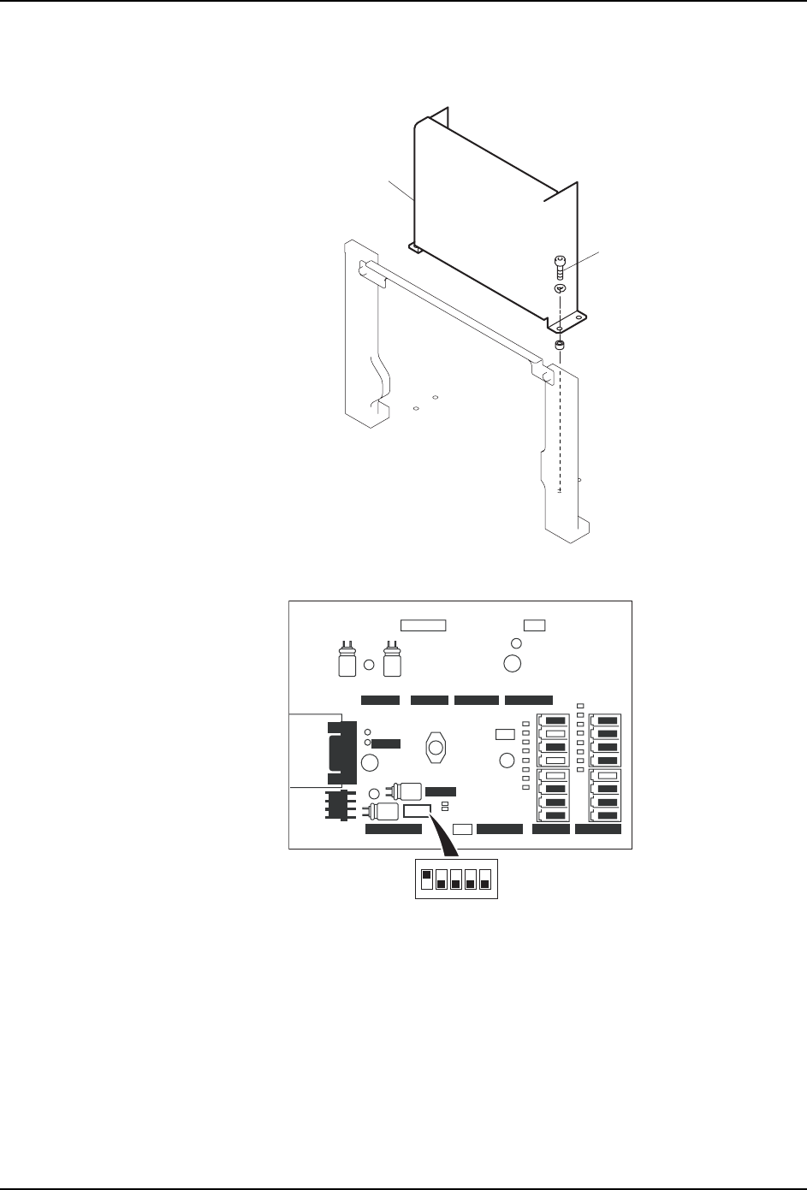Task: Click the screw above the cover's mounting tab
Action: (558, 267)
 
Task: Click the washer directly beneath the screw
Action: (558, 289)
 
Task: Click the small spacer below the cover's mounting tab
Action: (559, 346)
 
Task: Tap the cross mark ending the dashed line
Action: (559, 491)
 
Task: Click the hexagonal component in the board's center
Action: (436, 747)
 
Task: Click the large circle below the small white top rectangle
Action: (513, 663)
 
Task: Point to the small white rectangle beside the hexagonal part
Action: (505, 734)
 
